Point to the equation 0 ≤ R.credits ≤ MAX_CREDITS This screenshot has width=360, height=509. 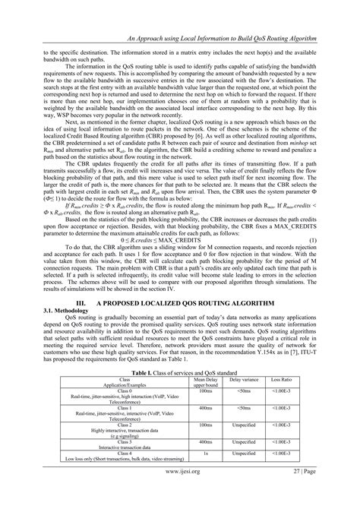(x=182, y=260)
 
